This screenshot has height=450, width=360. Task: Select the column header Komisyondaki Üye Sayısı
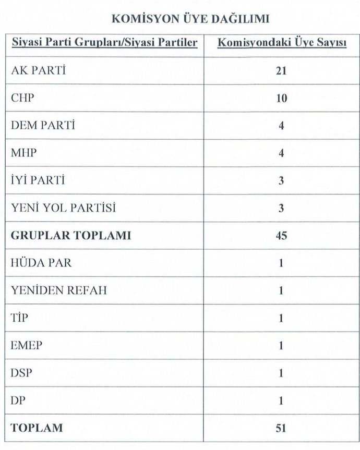[282, 43]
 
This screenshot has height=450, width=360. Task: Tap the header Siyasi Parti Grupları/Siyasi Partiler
[104, 43]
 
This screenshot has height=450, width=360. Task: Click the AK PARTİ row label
[39, 70]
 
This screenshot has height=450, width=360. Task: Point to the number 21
[282, 71]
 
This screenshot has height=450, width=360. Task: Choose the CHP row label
[22, 98]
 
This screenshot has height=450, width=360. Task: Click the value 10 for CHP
[282, 99]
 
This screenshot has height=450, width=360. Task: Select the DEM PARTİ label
[43, 126]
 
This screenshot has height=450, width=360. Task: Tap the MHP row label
[24, 153]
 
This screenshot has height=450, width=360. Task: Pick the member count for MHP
[282, 154]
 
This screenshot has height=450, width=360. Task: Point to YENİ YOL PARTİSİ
[63, 208]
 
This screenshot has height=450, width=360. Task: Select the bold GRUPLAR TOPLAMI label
[71, 236]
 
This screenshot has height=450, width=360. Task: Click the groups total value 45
[282, 236]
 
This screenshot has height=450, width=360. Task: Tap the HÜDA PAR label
[41, 263]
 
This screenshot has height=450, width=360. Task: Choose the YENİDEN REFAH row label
[59, 290]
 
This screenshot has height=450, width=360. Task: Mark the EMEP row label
[27, 346]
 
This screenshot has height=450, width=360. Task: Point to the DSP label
[21, 373]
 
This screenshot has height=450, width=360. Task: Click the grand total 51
[282, 429]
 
